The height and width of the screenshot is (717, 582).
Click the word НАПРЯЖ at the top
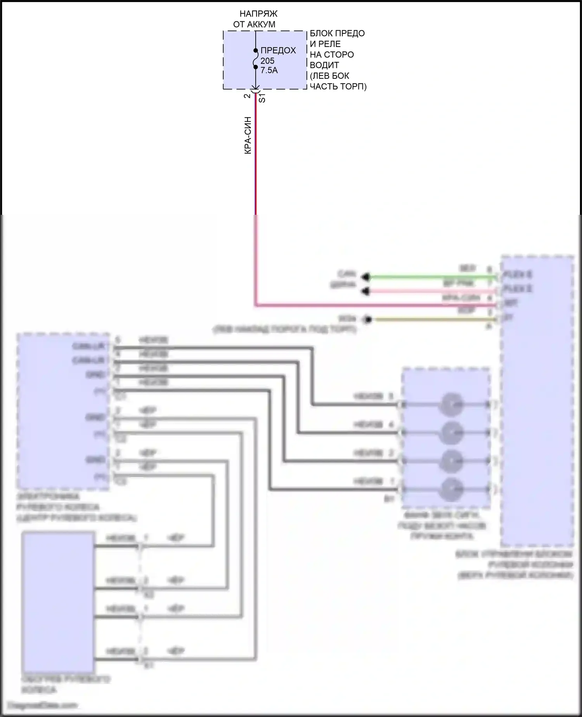[258, 14]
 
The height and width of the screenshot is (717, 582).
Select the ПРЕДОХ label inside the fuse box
[278, 50]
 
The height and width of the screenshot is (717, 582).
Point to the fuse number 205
[267, 61]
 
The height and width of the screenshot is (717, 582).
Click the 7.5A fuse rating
[269, 70]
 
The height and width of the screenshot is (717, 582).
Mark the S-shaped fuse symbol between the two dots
[255, 59]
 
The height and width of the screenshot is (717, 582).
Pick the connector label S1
[262, 98]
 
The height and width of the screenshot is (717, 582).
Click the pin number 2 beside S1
[247, 96]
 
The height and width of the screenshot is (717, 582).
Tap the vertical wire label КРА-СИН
[248, 136]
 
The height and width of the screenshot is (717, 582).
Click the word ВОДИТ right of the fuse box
[324, 65]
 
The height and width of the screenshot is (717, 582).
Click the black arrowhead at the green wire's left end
[365, 277]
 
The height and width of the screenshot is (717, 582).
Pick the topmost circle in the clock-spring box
[451, 405]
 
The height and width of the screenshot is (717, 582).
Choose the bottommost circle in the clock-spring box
[451, 489]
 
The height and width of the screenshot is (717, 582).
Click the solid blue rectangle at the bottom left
[58, 602]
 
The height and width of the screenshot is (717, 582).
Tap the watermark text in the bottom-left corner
[43, 705]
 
